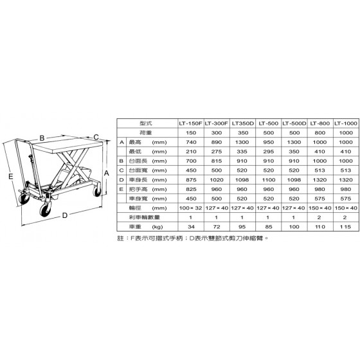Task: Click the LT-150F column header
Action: tap(190, 123)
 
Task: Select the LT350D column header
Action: tap(243, 123)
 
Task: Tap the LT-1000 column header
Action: tap(346, 123)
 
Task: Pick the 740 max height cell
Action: tap(191, 142)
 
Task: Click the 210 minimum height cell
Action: tap(191, 152)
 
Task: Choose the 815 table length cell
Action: tap(217, 161)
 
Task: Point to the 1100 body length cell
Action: tap(269, 180)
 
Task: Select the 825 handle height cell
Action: tap(191, 190)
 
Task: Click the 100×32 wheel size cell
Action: tap(190, 208)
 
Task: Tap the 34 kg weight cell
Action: tap(191, 227)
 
